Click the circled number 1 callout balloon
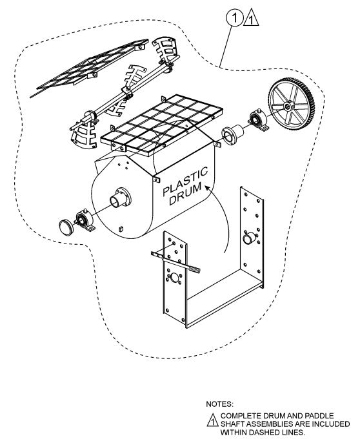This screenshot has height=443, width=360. click(234, 18)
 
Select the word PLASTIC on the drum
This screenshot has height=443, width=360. click(185, 181)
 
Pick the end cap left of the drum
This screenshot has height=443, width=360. click(66, 227)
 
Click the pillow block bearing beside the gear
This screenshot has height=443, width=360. click(257, 120)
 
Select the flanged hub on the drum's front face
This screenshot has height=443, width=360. click(121, 198)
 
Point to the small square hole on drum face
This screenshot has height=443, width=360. click(121, 229)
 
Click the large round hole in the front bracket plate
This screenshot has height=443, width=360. click(175, 278)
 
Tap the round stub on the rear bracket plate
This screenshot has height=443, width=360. click(248, 238)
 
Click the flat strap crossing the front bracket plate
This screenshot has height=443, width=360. click(175, 262)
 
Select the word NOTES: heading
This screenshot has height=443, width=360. click(219, 404)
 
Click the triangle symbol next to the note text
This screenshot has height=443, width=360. click(212, 420)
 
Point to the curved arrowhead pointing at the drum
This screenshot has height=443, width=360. click(208, 187)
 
